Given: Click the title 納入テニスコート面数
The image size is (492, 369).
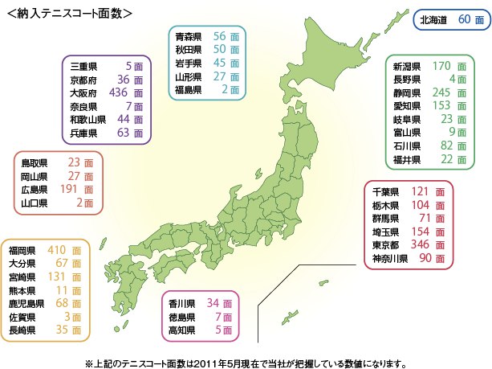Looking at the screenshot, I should (69, 14).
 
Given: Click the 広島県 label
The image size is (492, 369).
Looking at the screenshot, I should (35, 191).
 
